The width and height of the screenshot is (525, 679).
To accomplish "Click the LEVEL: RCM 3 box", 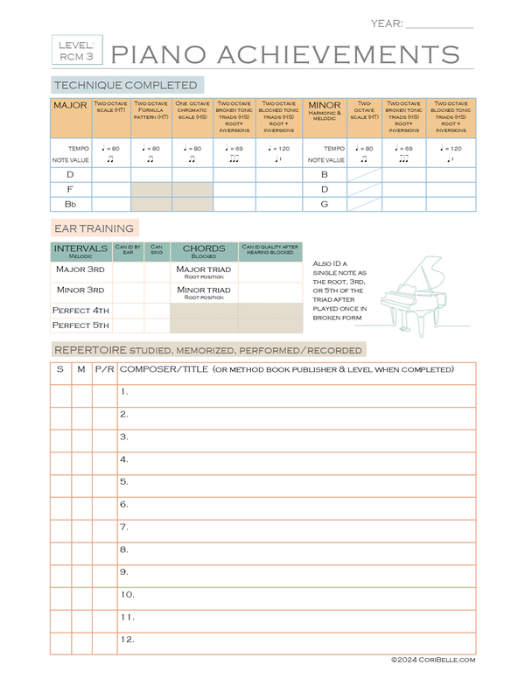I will click(x=76, y=50).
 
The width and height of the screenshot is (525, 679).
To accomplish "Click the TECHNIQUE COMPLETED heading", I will click(x=127, y=85).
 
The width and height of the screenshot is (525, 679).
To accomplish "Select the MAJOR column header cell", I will click(x=70, y=117).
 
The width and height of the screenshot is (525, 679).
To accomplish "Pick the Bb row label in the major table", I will click(x=70, y=204).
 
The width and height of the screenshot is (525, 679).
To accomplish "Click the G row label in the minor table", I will click(x=324, y=204).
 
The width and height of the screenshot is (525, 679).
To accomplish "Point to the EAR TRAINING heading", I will click(x=94, y=228).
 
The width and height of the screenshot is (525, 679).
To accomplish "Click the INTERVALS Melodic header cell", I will click(x=80, y=252).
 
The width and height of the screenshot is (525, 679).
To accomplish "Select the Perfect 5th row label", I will click(x=80, y=325).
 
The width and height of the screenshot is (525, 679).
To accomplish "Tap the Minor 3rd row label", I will click(x=80, y=290).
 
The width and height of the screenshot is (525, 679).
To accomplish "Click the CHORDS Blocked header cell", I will click(x=204, y=252).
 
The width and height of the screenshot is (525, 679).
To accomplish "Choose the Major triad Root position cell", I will click(x=204, y=271).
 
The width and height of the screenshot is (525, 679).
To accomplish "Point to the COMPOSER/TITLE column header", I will click(x=286, y=369).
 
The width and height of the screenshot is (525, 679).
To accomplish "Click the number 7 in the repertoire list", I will click(x=124, y=527).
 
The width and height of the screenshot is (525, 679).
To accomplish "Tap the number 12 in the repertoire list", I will click(x=127, y=640).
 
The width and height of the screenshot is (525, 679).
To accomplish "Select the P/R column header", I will click(x=104, y=369).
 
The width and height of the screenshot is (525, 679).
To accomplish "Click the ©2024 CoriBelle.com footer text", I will click(x=432, y=661).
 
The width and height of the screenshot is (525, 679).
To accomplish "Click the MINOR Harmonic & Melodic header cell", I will click(x=325, y=117).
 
